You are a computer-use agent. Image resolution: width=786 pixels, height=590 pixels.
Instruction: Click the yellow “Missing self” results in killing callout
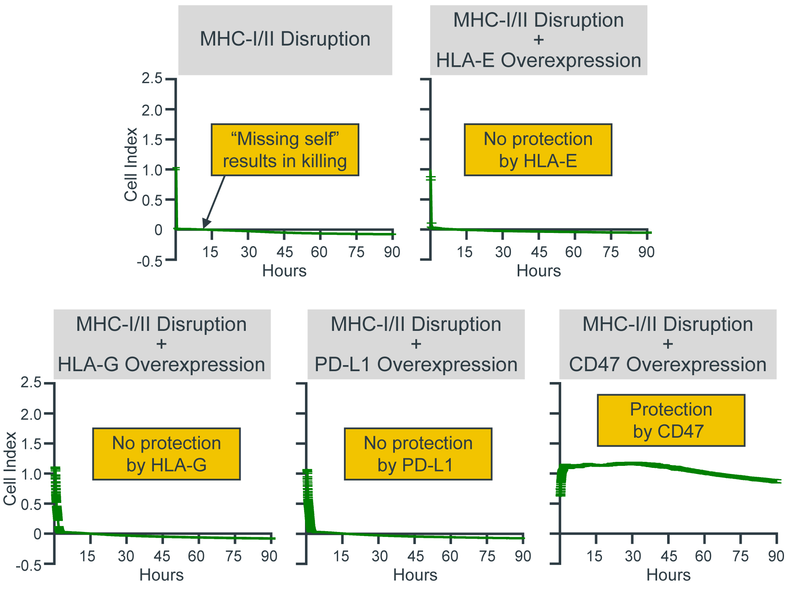[x=285, y=150]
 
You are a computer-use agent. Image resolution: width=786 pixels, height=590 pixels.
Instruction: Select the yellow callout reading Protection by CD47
[x=671, y=420]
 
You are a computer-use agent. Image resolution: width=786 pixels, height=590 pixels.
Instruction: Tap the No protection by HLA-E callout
[x=538, y=150]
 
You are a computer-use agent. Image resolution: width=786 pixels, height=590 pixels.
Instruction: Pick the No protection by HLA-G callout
[x=166, y=454]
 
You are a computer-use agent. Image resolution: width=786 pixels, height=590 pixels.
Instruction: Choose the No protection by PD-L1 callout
[x=418, y=454]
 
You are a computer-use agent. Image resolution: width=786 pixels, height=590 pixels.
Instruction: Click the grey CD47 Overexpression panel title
[x=668, y=344]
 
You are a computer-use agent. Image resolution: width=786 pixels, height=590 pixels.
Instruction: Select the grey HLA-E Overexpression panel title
[x=538, y=40]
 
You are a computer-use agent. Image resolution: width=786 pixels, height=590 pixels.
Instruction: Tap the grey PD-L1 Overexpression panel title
[x=416, y=344]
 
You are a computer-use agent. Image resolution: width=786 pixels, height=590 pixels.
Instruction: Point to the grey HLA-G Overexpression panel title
[x=162, y=344]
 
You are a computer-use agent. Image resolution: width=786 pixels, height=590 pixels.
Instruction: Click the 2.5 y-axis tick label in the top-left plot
[x=152, y=78]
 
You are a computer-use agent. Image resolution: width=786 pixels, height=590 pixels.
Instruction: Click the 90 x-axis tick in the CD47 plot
[x=776, y=557]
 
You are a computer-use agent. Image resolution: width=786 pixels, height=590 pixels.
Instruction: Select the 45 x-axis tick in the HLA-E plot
[x=539, y=252]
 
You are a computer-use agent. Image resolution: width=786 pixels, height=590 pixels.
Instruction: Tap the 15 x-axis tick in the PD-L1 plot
[x=341, y=557]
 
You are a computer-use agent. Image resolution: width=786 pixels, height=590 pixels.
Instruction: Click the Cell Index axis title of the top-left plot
[x=131, y=164]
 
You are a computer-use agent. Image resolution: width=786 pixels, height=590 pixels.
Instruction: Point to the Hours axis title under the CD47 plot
[x=668, y=575]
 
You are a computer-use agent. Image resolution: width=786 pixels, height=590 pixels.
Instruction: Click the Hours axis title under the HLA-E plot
[x=539, y=271]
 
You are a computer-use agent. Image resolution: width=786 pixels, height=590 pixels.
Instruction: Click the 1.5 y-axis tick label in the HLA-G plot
[x=31, y=444]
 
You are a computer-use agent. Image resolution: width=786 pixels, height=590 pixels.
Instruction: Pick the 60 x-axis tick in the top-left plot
[x=319, y=252]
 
